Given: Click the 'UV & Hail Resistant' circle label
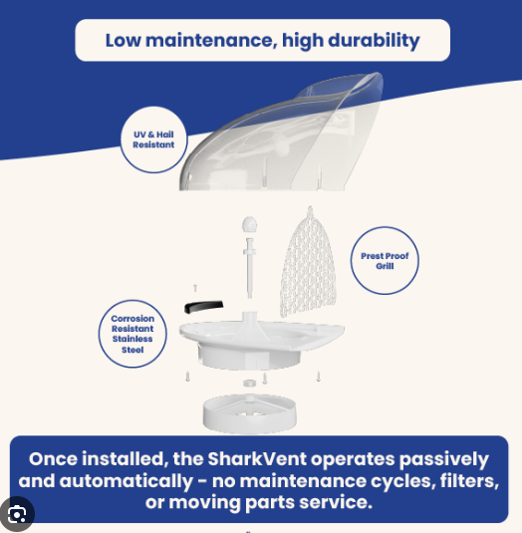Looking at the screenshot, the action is pos(153,139).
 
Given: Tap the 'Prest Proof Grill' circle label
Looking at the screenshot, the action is pos(385,260).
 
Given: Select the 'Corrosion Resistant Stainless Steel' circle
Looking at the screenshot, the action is pos(132,334).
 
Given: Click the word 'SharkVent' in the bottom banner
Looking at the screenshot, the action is pos(257,458).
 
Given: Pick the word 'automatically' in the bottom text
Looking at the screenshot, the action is pos(126,481).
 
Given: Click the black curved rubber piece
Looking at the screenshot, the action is pos(203,307).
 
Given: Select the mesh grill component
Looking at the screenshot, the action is pos(308,263).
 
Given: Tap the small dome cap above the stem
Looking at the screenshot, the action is pos(249,224).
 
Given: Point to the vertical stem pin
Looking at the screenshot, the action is pos(249,268).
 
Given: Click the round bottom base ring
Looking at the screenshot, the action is pos(250,414).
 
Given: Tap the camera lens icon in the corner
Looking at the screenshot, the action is pos(17,515).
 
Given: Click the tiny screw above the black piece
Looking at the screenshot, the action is pos(195,288).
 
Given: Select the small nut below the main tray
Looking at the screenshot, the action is pos(249,384).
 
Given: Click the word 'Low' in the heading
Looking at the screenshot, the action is pos(123,41).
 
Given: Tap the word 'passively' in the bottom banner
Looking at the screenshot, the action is pos(444,459).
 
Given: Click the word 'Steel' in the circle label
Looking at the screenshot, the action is pos(132,350).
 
